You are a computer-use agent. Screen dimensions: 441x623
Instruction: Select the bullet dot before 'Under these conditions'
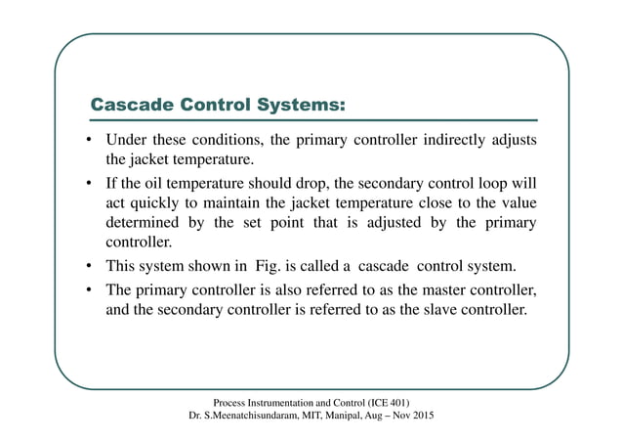[x=88, y=141]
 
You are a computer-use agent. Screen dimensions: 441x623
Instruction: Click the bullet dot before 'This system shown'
[x=88, y=267]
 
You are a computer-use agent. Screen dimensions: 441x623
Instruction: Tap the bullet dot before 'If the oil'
[x=88, y=184]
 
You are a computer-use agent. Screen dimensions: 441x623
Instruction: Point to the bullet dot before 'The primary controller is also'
[x=88, y=292]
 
